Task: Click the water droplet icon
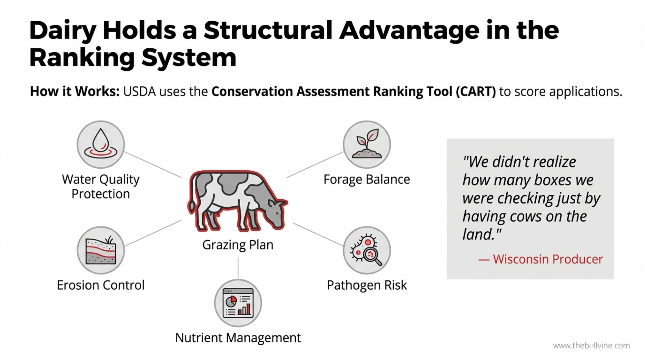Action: [100, 144]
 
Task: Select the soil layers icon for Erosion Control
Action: [100, 250]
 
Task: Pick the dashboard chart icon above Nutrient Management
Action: [238, 303]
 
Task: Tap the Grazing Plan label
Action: [238, 245]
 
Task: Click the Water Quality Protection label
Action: [101, 186]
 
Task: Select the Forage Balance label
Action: [367, 179]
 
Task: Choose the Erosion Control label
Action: [101, 285]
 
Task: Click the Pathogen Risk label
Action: [367, 285]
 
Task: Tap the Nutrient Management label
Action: [238, 338]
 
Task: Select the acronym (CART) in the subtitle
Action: [476, 92]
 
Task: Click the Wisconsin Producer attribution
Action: [541, 259]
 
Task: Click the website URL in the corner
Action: [591, 346]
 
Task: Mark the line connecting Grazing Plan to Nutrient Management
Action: [238, 268]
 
